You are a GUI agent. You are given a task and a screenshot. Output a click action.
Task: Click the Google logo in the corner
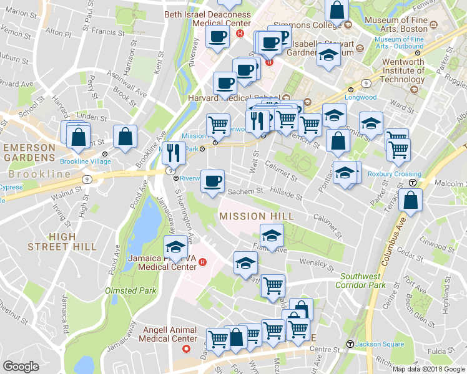click(21, 367)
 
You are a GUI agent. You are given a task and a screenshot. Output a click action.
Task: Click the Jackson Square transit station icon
click(350, 343)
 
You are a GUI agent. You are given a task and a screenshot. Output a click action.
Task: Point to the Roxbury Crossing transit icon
click(413, 183)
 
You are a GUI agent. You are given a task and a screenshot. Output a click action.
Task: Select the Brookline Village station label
click(86, 161)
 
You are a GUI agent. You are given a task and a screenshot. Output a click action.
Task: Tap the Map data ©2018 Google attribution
click(429, 369)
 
